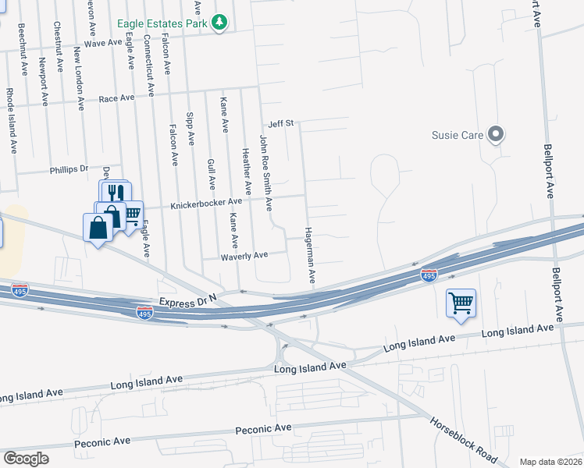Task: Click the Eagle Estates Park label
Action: (x=162, y=24)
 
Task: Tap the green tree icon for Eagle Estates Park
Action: (x=221, y=23)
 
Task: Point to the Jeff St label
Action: (x=280, y=123)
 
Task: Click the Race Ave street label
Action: (x=116, y=98)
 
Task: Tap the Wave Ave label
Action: (x=104, y=42)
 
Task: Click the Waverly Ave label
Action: (x=244, y=255)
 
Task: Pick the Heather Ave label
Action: (x=246, y=172)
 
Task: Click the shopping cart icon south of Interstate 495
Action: (x=461, y=302)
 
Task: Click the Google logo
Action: (x=25, y=459)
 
